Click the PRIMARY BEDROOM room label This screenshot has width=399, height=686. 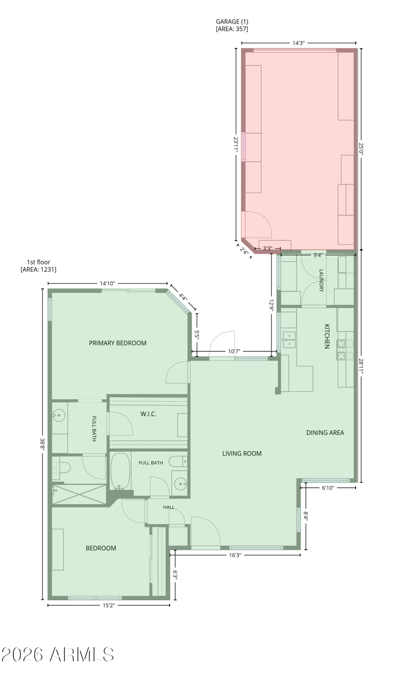click(x=118, y=343)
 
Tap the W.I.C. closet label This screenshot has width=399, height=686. click(x=148, y=414)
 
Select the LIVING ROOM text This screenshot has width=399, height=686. click(x=242, y=454)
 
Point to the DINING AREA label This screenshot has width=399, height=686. click(x=325, y=433)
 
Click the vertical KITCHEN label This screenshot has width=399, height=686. click(x=327, y=336)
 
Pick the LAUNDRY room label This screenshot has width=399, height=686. click(x=321, y=281)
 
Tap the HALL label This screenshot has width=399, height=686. click(x=169, y=507)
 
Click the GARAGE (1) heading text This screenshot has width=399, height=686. click(x=232, y=21)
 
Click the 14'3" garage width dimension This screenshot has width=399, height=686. click(x=298, y=43)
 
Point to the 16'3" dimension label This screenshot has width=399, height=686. click(x=235, y=555)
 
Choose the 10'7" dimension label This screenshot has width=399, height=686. click(x=234, y=351)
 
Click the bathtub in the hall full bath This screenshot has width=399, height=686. click(x=120, y=471)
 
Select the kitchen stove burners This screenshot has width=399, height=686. click(x=345, y=349)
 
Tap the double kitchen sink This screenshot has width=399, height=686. click(x=289, y=340)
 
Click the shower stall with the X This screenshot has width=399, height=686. click(x=79, y=494)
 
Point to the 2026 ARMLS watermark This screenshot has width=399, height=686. click(x=58, y=655)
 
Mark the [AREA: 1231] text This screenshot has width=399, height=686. click(x=38, y=270)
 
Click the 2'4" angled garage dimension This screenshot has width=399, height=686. click(x=244, y=251)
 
